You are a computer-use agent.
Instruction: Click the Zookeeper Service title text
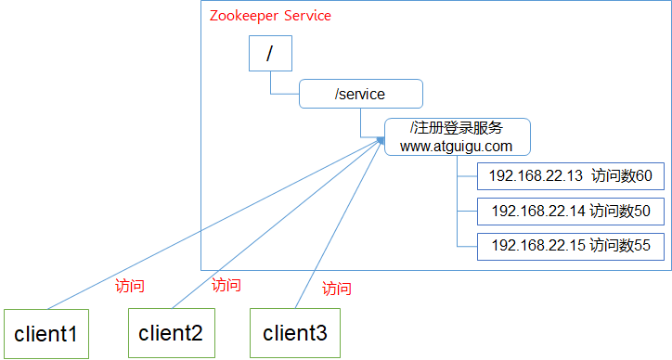[x=271, y=16]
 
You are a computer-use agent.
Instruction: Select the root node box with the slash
[x=270, y=55]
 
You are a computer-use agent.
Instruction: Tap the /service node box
[x=360, y=94]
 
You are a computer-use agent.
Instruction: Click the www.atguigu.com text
[x=457, y=147]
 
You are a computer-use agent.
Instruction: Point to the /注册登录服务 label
[x=457, y=129]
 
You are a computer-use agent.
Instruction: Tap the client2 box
[x=171, y=333]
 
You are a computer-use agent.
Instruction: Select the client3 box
[x=295, y=333]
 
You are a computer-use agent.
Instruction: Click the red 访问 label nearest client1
[x=129, y=287]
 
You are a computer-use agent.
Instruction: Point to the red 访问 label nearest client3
[x=337, y=289]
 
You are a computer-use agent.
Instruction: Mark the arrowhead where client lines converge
[x=381, y=140]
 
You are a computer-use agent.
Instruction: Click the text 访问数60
[x=621, y=176]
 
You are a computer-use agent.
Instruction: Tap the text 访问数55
[x=621, y=246]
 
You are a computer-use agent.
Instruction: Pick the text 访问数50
[x=621, y=212]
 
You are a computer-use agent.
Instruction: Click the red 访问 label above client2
[x=226, y=285]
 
